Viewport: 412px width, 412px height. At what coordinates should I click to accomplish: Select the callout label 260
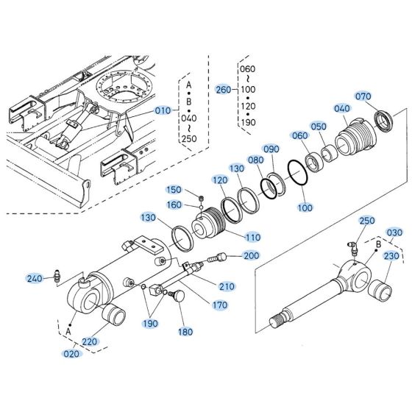[222, 90]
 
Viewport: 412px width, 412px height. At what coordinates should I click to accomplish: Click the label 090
[271, 149]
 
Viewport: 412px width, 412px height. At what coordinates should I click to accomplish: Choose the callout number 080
[255, 160]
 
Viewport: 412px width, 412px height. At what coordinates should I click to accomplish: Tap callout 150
[174, 190]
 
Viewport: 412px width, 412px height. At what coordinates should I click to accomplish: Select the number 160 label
[174, 205]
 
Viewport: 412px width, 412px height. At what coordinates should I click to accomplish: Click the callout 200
[251, 255]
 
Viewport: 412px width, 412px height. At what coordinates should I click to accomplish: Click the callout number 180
[185, 332]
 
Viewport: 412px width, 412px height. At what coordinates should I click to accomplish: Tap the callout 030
[395, 232]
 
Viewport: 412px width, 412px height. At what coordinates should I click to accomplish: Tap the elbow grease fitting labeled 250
[354, 248]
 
